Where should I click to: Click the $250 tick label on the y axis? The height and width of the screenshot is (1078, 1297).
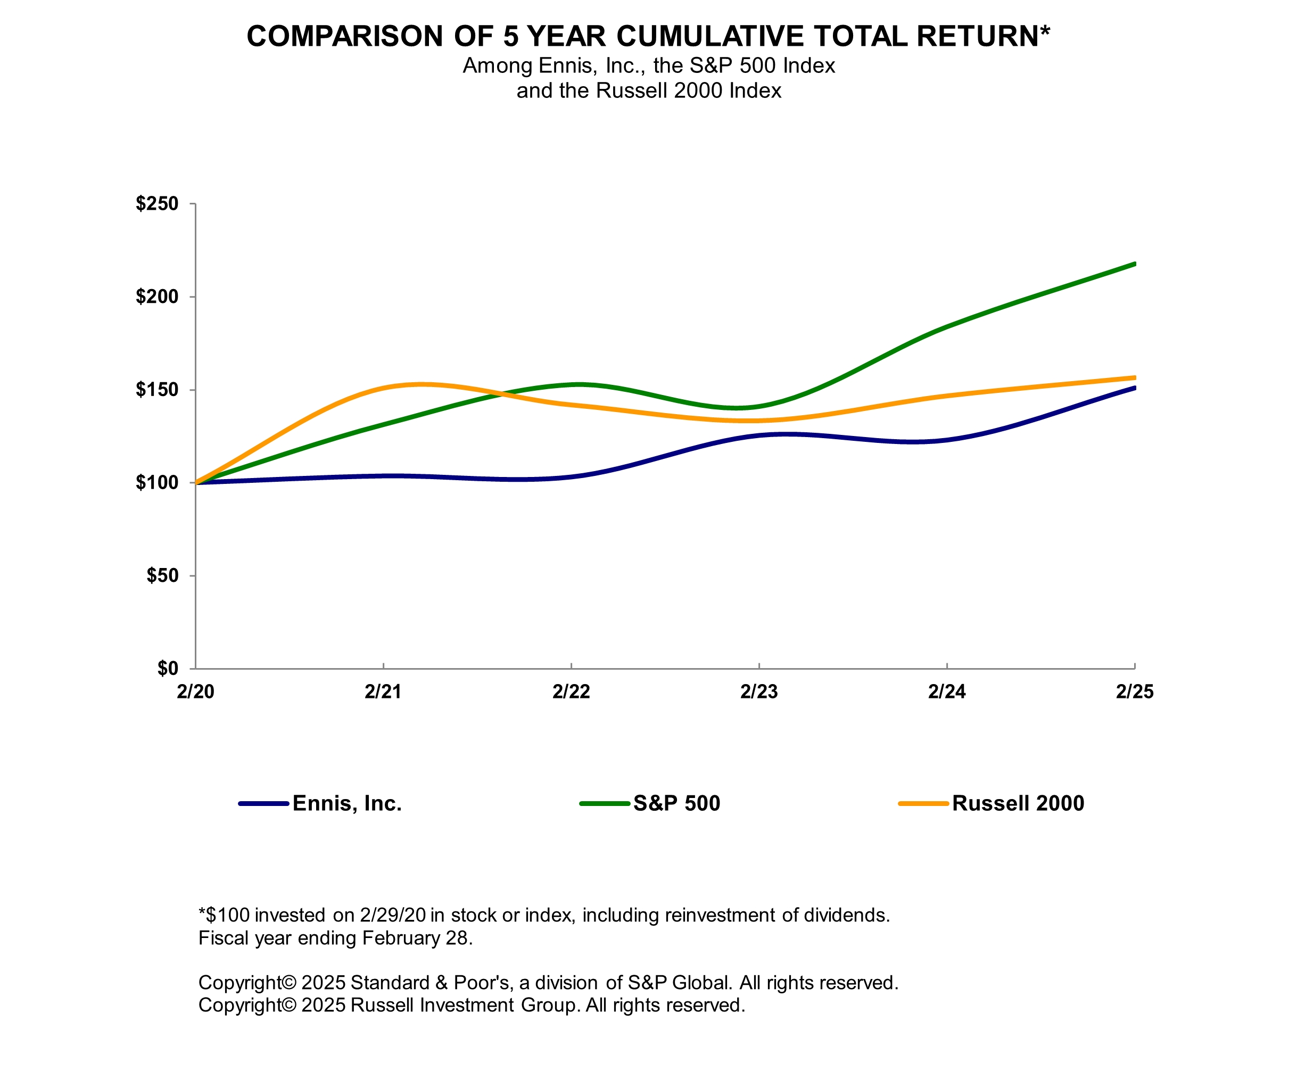[x=157, y=204]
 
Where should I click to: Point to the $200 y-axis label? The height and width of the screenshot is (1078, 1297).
[x=157, y=297]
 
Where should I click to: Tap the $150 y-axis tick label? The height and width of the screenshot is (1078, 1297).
[x=157, y=390]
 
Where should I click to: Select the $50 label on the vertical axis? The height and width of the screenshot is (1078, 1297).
[x=162, y=576]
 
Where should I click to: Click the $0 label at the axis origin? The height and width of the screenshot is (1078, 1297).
[x=167, y=669]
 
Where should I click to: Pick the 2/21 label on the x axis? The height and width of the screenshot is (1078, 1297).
[x=383, y=692]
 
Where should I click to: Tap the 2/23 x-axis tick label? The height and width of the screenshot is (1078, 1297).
[x=759, y=692]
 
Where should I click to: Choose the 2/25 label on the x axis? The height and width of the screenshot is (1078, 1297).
[x=1135, y=692]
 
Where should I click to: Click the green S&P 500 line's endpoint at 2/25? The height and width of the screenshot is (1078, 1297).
[x=1134, y=265]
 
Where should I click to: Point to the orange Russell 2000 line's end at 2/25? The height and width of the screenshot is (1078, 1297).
[x=1134, y=377]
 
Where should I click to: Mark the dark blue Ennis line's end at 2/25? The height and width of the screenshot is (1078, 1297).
[x=1134, y=388]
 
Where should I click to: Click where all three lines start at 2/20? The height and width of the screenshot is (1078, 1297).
[x=196, y=482]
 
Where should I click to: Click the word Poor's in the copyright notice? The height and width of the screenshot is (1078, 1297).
[x=483, y=983]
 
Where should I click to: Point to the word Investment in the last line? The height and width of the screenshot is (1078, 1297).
[x=467, y=1005]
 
